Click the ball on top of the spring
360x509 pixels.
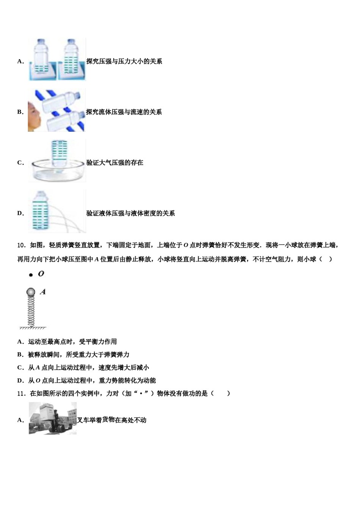[31, 292]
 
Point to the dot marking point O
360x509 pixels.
[31, 275]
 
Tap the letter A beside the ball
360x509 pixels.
[43, 292]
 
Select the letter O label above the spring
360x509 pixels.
[41, 273]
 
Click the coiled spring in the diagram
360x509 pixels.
[31, 311]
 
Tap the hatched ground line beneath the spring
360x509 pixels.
[33, 328]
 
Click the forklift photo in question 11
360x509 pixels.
[53, 418]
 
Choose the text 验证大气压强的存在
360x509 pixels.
[115, 163]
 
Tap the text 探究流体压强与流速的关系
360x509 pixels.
[124, 112]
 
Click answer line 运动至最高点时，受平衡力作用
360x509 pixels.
[72, 342]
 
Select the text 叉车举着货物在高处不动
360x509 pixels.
[112, 420]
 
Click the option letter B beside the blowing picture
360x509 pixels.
[20, 112]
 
